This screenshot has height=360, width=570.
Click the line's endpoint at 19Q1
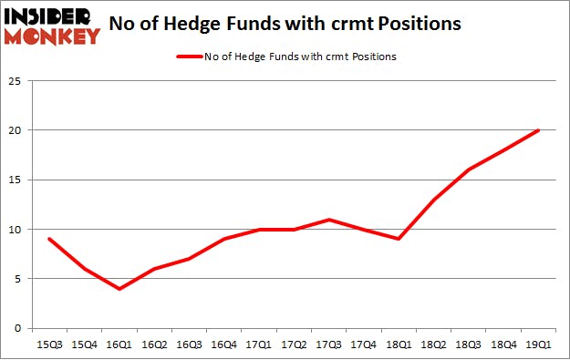[538, 130]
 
